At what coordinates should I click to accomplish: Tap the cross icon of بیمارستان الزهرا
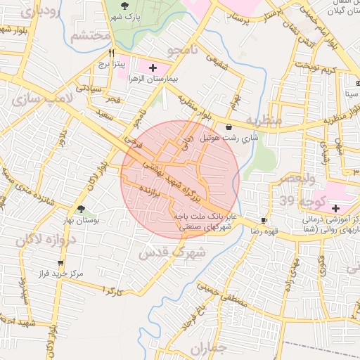coord(152,67)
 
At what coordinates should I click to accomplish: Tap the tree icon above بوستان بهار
coord(82,209)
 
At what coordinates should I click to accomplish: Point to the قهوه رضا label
coord(264,231)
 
